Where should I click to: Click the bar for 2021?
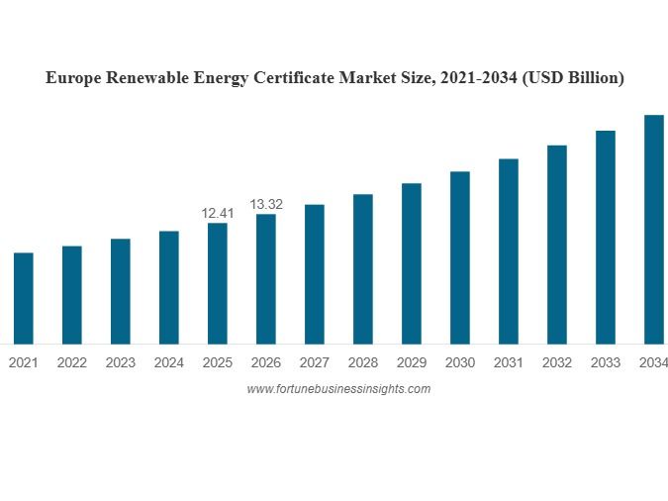pos(24,298)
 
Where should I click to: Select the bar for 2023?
pos(121,291)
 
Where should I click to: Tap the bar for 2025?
pos(218,283)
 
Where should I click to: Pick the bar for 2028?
pos(363,269)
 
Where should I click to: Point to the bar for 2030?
pos(460,257)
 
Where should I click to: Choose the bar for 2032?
pos(557,245)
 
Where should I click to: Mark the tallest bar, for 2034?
pos(654,230)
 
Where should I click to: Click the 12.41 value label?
pos(218,213)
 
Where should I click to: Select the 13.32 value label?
pos(266,204)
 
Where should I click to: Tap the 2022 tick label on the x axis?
pos(72,363)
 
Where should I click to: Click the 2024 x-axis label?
pos(169,363)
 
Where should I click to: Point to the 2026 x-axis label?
pos(266,363)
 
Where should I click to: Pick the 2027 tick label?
pos(315,363)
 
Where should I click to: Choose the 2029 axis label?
pos(412,363)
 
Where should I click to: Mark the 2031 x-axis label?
pos(509,363)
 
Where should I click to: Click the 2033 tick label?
pos(606,363)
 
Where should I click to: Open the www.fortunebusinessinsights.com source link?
pos(338,389)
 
